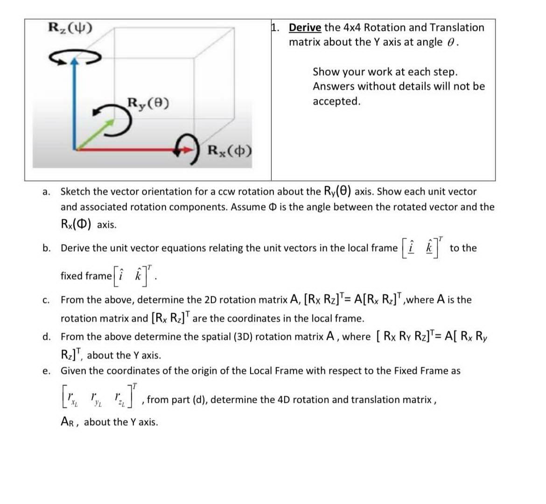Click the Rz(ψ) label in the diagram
pos(70,28)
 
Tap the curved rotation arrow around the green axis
pos(112,119)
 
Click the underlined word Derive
pos(305,28)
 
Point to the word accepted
pos(336,101)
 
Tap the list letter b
pos(46,248)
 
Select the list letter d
pos(46,337)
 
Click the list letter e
pos(46,371)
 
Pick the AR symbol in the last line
pos(69,422)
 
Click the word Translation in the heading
pos(457,28)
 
